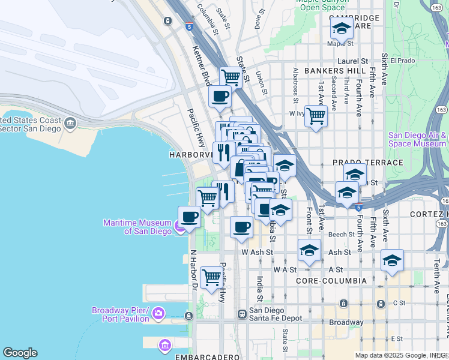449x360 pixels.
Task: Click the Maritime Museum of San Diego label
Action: point(137,227)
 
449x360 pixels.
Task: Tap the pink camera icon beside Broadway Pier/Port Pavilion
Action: point(158,313)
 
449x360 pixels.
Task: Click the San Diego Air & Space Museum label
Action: point(417,139)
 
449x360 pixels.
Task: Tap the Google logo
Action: point(20,353)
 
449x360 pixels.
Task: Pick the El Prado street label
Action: point(402,61)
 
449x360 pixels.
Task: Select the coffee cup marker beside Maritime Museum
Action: point(190,217)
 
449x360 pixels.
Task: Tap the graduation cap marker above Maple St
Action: point(342,28)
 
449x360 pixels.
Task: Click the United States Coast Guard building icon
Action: point(71,123)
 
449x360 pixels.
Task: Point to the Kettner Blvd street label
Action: point(201,67)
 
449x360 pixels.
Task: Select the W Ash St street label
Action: point(258,253)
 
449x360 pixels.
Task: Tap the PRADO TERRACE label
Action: point(367,163)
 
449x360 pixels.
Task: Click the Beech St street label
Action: point(341,235)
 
